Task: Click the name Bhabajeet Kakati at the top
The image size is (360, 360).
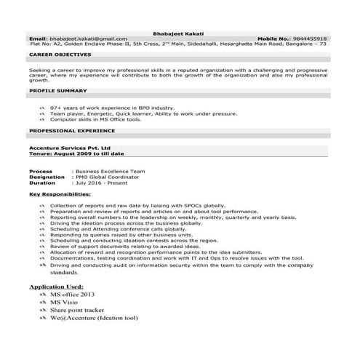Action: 180,31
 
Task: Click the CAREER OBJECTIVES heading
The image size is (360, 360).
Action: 60,54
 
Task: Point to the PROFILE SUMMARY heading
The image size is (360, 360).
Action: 58,91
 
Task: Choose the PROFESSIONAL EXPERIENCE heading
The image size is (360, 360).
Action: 71,131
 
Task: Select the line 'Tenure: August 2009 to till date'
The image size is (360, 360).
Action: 77,154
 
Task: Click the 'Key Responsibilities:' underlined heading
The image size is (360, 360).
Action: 60,195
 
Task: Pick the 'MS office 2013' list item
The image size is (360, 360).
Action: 72,295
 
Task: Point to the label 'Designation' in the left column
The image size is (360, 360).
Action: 47,177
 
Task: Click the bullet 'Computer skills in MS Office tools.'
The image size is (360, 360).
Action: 96,119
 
